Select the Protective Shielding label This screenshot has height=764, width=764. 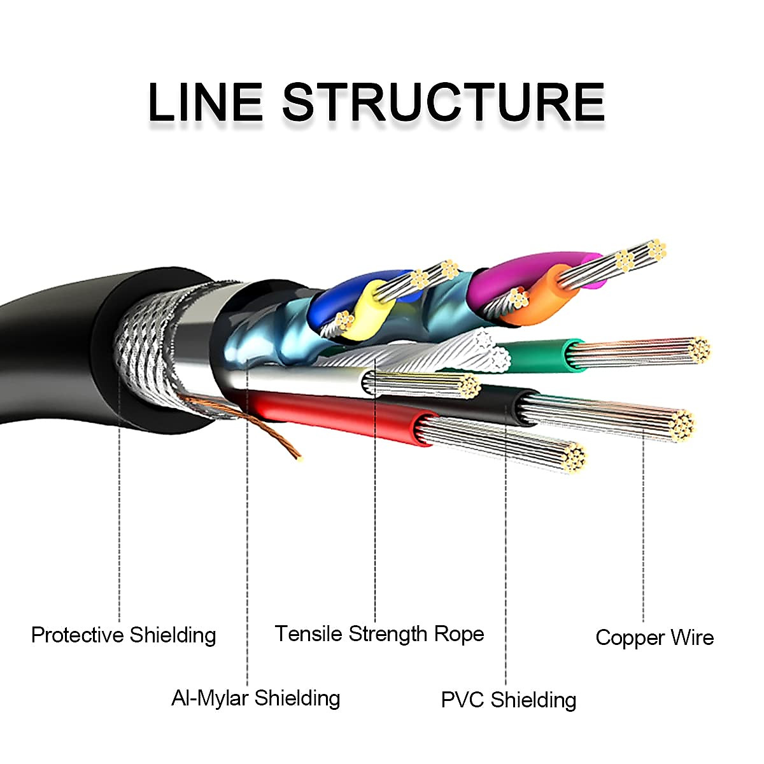[x=124, y=635]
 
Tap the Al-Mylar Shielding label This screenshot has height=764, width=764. [x=255, y=698]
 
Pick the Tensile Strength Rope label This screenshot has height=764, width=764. [x=379, y=634]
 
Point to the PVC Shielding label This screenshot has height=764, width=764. [x=508, y=700]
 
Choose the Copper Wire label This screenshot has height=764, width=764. [x=654, y=638]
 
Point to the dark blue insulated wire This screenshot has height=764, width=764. [x=331, y=299]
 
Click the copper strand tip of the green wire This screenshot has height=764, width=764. [x=700, y=350]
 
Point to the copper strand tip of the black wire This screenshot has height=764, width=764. [x=684, y=425]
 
